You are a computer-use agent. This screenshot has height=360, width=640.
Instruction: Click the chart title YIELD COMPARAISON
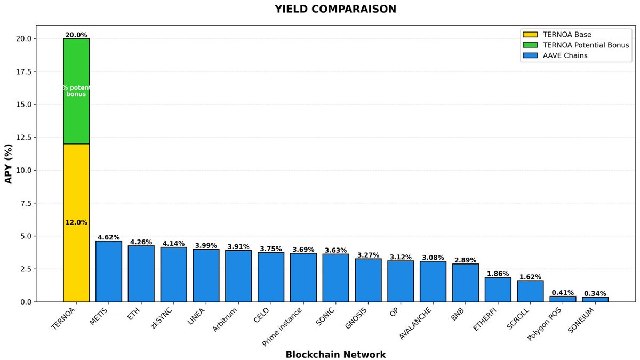(x=335, y=9)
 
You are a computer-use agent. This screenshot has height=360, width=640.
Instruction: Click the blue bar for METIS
(x=109, y=271)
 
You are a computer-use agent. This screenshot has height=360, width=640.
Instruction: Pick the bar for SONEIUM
(x=595, y=299)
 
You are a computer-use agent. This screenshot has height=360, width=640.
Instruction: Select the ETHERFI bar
(x=498, y=290)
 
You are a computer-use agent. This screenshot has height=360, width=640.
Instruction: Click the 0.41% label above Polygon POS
(x=563, y=292)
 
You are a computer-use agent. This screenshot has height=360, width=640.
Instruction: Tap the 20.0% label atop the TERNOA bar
(x=76, y=35)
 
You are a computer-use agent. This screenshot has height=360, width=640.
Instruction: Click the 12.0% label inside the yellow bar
(x=76, y=222)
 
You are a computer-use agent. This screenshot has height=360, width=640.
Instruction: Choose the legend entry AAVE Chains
(x=564, y=55)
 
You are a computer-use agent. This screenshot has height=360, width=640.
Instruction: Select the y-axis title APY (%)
(x=9, y=164)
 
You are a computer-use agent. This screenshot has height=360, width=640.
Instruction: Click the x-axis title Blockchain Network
(x=335, y=354)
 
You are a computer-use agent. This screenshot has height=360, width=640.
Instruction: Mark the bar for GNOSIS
(x=368, y=280)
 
